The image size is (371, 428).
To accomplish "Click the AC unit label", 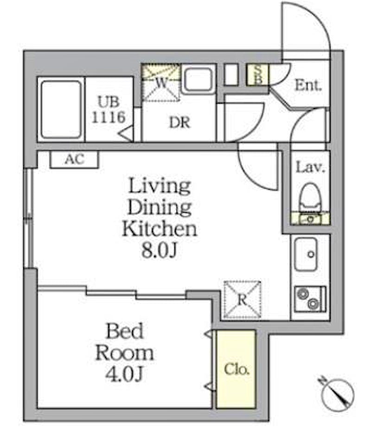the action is click(x=74, y=159).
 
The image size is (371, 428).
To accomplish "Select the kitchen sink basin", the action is click(x=307, y=254).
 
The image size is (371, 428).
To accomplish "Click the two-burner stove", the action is click(x=310, y=299).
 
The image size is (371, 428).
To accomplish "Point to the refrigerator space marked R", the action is click(x=243, y=299).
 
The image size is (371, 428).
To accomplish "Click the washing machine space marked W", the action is click(x=161, y=82).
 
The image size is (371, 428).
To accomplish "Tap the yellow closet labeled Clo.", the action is click(x=237, y=369).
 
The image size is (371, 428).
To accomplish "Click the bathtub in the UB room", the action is click(x=61, y=109).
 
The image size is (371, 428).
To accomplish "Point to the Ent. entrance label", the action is click(x=308, y=85).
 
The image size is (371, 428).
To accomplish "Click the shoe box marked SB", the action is click(x=258, y=74).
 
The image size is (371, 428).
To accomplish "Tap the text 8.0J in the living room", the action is click(x=160, y=250).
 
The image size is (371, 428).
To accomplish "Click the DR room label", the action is click(x=179, y=122).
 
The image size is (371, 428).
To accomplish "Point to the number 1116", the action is click(x=109, y=117).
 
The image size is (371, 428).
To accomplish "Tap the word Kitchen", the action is click(x=160, y=228).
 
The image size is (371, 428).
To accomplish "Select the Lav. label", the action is click(x=310, y=167).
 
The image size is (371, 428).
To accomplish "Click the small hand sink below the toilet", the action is click(x=310, y=219).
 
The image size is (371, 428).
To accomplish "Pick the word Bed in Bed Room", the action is click(x=125, y=331).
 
